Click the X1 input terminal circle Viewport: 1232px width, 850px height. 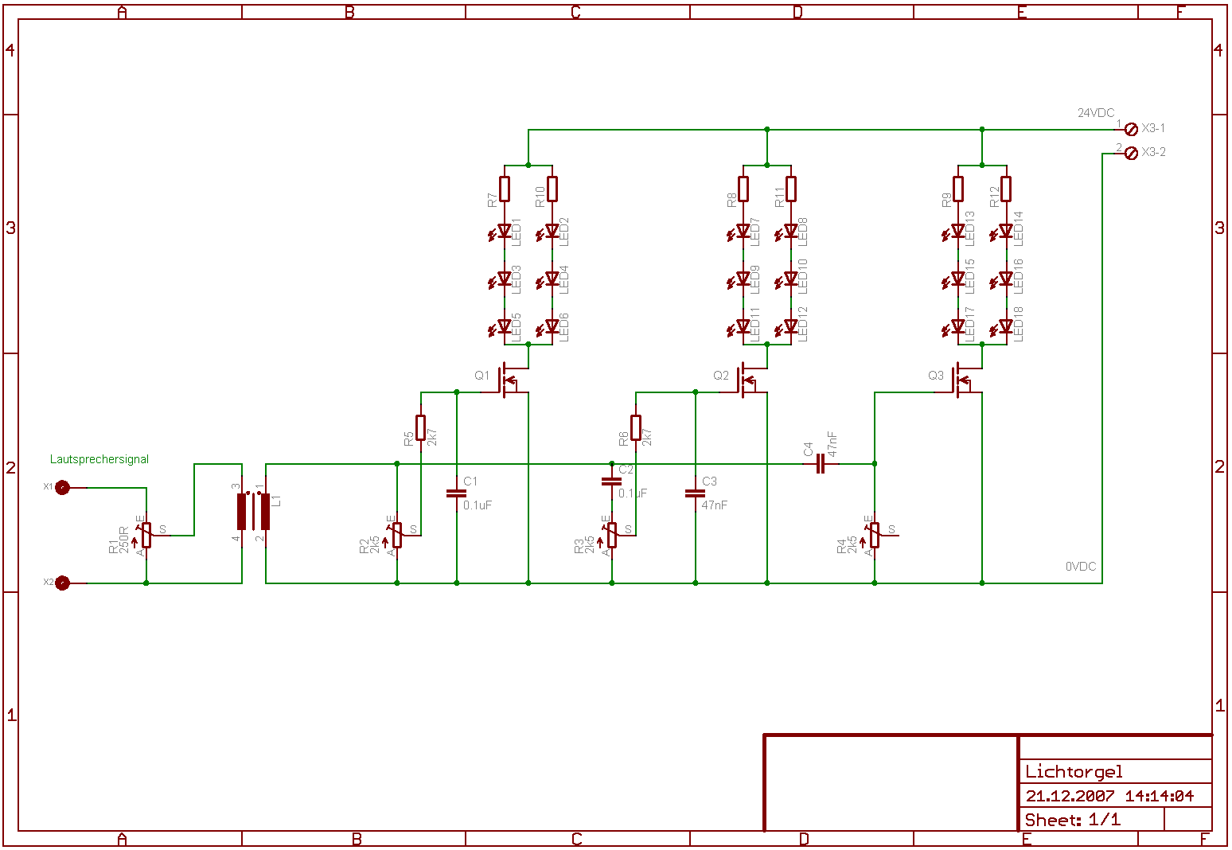coord(62,487)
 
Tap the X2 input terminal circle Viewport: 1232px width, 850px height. coord(62,583)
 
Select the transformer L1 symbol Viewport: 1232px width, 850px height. coord(254,511)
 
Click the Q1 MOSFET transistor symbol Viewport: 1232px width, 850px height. coord(506,380)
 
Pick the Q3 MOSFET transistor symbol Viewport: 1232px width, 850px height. coord(960,380)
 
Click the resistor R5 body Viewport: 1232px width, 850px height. coord(420,427)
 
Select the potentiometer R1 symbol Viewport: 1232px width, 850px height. coord(146,535)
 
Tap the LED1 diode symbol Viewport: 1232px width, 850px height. coord(504,232)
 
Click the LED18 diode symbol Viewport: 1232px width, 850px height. coord(1005,327)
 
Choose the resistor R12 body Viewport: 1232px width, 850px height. coord(1006,189)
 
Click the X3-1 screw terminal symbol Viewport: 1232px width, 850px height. coord(1131,129)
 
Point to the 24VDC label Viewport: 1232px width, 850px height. coord(1096,113)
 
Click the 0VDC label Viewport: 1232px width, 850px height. coord(1081,567)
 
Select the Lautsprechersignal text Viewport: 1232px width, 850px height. coord(99,459)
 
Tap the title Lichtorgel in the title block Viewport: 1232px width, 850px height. coord(1074,771)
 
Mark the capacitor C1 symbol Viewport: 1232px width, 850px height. coord(456,493)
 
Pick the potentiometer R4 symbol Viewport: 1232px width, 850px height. coord(875,535)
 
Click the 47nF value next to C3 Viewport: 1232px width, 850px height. coord(714,505)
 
